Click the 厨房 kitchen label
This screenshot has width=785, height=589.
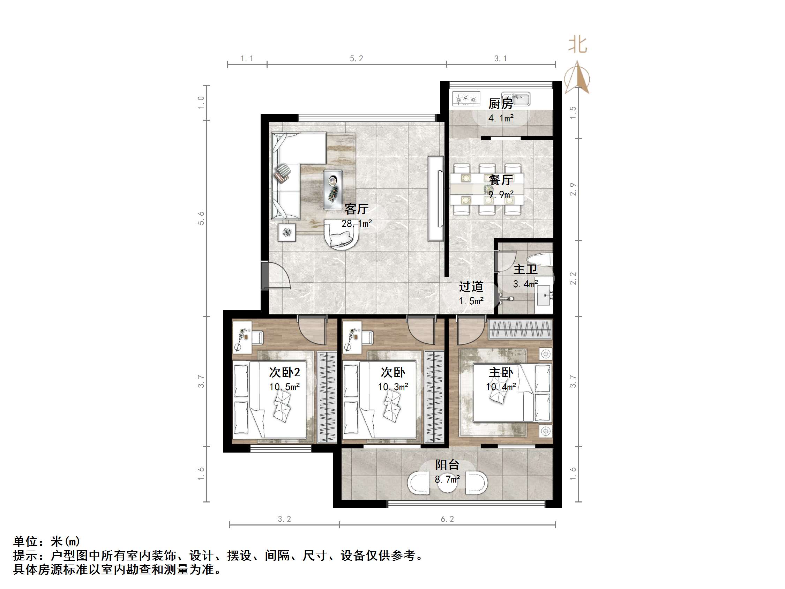[x=500, y=104]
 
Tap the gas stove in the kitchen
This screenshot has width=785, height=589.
[x=466, y=99]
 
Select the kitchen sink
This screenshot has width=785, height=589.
[x=520, y=99]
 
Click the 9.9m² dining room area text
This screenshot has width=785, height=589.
[x=501, y=195]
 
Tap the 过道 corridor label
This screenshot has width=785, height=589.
[x=471, y=286]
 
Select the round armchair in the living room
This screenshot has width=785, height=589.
[x=342, y=234]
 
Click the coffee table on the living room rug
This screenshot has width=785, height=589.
[x=333, y=189]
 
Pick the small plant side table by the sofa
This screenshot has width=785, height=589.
[x=287, y=232]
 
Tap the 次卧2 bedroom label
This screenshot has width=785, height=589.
[x=284, y=372]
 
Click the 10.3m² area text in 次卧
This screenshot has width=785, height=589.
[x=393, y=387]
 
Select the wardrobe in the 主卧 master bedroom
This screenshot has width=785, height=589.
[x=520, y=329]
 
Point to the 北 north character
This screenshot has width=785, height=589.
[x=577, y=45]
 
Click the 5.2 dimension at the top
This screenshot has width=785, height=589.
[x=356, y=59]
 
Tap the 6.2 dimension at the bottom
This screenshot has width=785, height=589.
[x=447, y=519]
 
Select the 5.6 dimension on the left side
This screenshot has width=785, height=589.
[x=201, y=218]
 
